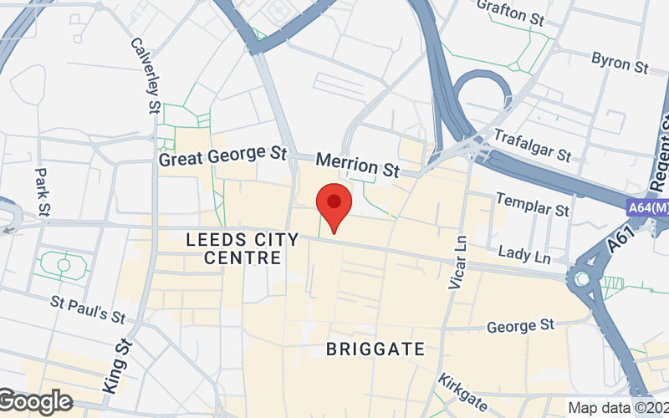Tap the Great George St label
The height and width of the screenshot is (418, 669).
pos(222,156)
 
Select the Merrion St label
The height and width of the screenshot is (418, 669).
pos(357,165)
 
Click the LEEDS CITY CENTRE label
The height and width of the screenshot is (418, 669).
pos(243,249)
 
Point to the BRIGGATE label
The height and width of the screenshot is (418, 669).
pos(375,349)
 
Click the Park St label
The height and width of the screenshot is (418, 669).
pos(43,191)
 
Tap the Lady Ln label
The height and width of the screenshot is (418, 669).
pos(524,254)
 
